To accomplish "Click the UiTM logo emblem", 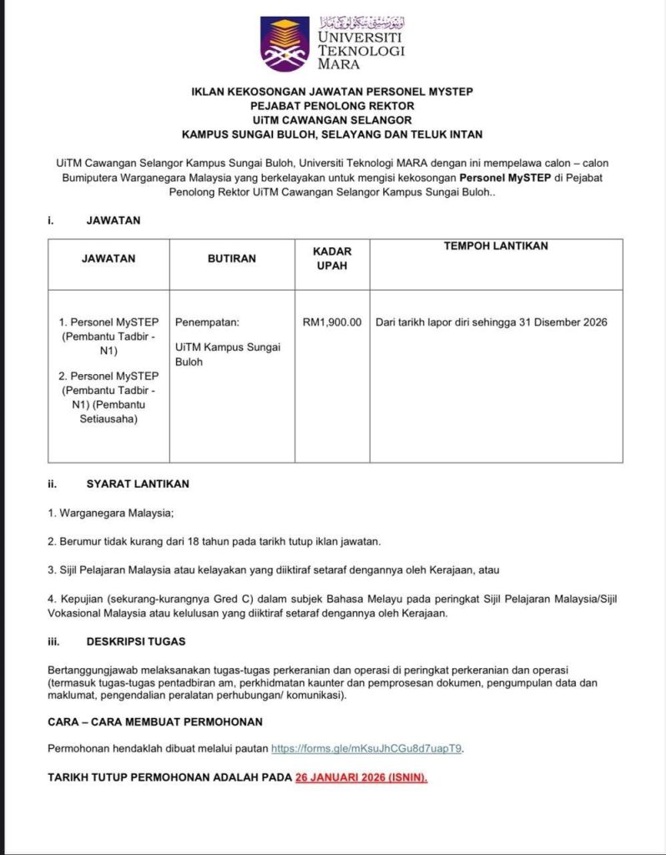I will coord(285,43).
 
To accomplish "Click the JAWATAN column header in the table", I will coord(108,259).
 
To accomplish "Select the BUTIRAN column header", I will coord(232,259).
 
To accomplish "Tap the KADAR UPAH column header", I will coord(332,258).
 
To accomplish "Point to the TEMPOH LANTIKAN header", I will coord(496,246).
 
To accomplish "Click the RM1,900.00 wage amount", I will coord(332,322).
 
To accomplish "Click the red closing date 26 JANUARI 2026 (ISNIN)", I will coord(361,777).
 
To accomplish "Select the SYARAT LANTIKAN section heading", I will coord(138,483).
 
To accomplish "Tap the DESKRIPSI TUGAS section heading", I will coord(136,641).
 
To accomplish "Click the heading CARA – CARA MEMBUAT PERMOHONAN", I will coord(155,721).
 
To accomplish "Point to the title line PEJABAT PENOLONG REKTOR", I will coord(332,106).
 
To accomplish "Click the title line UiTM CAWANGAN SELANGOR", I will coord(332,120).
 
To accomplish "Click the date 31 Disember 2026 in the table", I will coord(559,322).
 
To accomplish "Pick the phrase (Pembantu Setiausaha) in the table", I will coord(108,412).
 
